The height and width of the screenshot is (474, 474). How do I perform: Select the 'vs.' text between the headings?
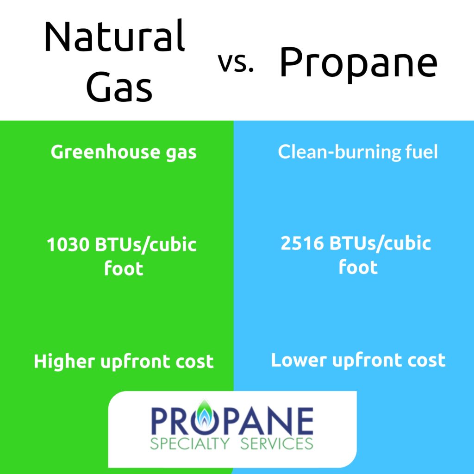(236, 63)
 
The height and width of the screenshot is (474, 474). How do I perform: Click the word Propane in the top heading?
(358, 64)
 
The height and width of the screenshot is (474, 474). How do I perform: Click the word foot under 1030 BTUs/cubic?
(124, 268)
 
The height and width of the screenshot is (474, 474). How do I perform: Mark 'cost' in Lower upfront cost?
(425, 360)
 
